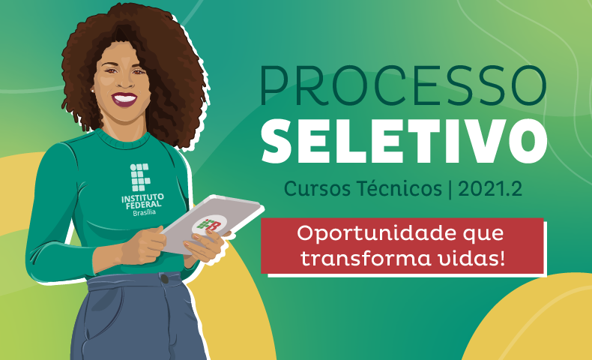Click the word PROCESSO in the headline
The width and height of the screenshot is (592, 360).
pos(403,85)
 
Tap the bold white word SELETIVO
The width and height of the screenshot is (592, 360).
pos(405,141)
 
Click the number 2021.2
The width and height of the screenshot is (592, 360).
pos(490,188)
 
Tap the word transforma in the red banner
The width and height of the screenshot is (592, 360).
pos(366,259)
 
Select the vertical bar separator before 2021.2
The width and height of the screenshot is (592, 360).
pos(450,188)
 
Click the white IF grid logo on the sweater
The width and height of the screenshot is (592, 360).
pos(140,177)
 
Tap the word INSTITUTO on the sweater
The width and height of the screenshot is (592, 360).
pos(142,197)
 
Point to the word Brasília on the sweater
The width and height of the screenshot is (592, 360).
pos(144,213)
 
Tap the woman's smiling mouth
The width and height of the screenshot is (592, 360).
pos(124,99)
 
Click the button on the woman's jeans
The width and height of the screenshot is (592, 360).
pos(165,279)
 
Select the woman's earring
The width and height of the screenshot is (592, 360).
pos(92,91)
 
